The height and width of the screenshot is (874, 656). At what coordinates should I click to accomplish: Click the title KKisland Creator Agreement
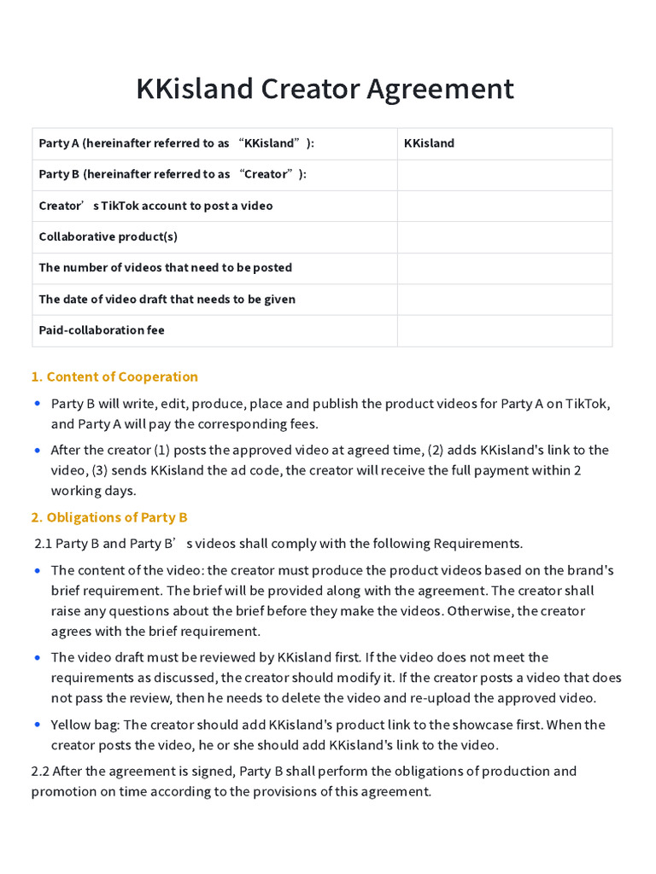point(325,89)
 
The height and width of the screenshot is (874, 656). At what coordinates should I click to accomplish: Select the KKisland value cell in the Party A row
point(429,143)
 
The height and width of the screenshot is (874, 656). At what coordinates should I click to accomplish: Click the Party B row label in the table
point(173,174)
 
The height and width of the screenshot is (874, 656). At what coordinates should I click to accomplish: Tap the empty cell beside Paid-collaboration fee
point(504,330)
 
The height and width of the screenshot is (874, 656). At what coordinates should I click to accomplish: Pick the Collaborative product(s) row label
point(108,236)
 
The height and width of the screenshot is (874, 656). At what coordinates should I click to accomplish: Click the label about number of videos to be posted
point(165,268)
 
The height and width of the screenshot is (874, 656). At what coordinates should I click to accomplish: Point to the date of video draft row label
point(167,300)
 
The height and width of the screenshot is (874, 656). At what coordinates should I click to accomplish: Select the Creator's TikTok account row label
point(155,206)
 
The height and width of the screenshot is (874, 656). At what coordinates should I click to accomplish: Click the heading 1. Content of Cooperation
point(114,377)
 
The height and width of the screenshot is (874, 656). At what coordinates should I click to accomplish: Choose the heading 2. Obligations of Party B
point(109,517)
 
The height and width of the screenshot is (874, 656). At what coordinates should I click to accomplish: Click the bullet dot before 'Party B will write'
point(37,404)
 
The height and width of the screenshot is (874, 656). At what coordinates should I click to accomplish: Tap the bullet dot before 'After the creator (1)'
point(37,450)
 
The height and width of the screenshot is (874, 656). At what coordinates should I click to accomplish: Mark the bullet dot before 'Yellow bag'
point(37,725)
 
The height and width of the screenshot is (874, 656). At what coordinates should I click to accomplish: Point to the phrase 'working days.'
point(93,491)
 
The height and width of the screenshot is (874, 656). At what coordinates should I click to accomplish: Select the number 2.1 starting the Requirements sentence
point(43,544)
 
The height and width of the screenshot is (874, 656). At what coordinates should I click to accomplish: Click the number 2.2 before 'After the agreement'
point(40,772)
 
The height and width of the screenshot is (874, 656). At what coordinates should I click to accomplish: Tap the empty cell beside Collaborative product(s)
point(504,236)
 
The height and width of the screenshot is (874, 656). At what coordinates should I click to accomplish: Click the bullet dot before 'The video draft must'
point(37,657)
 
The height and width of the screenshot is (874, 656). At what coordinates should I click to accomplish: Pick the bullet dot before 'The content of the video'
point(37,570)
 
